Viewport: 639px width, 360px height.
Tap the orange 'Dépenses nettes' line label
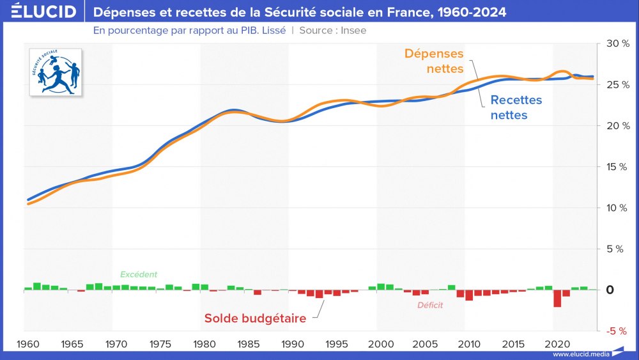coord(434,61)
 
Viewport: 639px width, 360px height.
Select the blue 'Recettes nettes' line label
coord(516,107)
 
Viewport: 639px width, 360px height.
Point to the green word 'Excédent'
coord(139,274)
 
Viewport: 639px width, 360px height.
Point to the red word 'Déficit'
coord(430,305)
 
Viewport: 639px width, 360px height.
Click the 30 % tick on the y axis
coord(612,43)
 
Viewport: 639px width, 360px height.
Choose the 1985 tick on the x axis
coord(249,344)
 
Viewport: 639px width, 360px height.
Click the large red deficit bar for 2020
coord(557,298)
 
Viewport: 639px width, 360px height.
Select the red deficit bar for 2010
coord(469,295)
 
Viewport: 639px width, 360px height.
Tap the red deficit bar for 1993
coord(319,293)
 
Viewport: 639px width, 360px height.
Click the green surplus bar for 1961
coord(37,286)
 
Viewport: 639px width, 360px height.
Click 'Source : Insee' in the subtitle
coord(333,30)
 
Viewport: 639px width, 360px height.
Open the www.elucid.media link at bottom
coord(580,354)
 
